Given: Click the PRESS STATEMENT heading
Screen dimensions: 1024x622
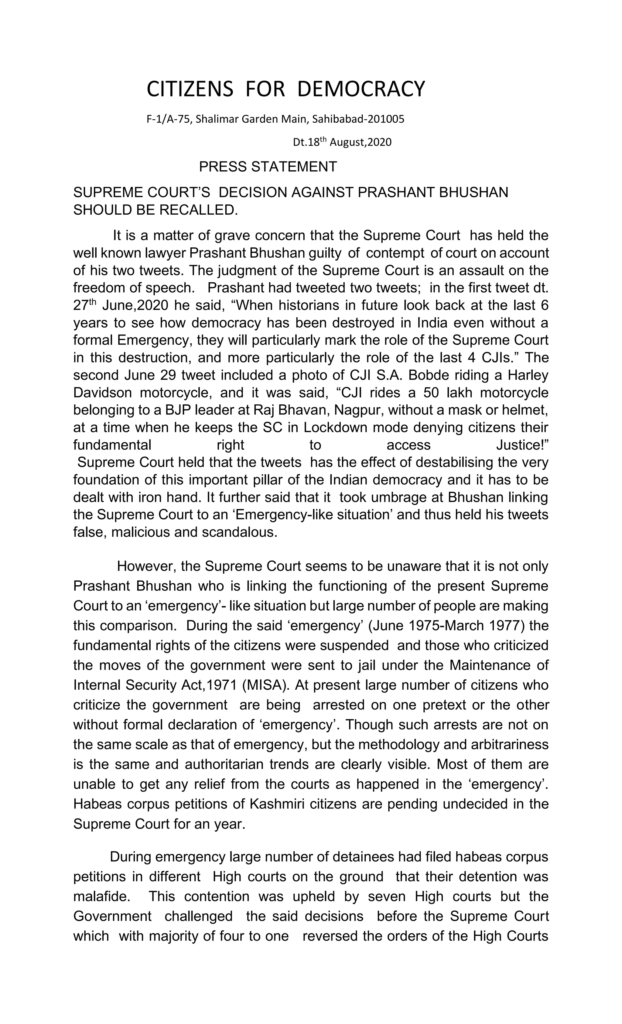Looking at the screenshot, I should [268, 167].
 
